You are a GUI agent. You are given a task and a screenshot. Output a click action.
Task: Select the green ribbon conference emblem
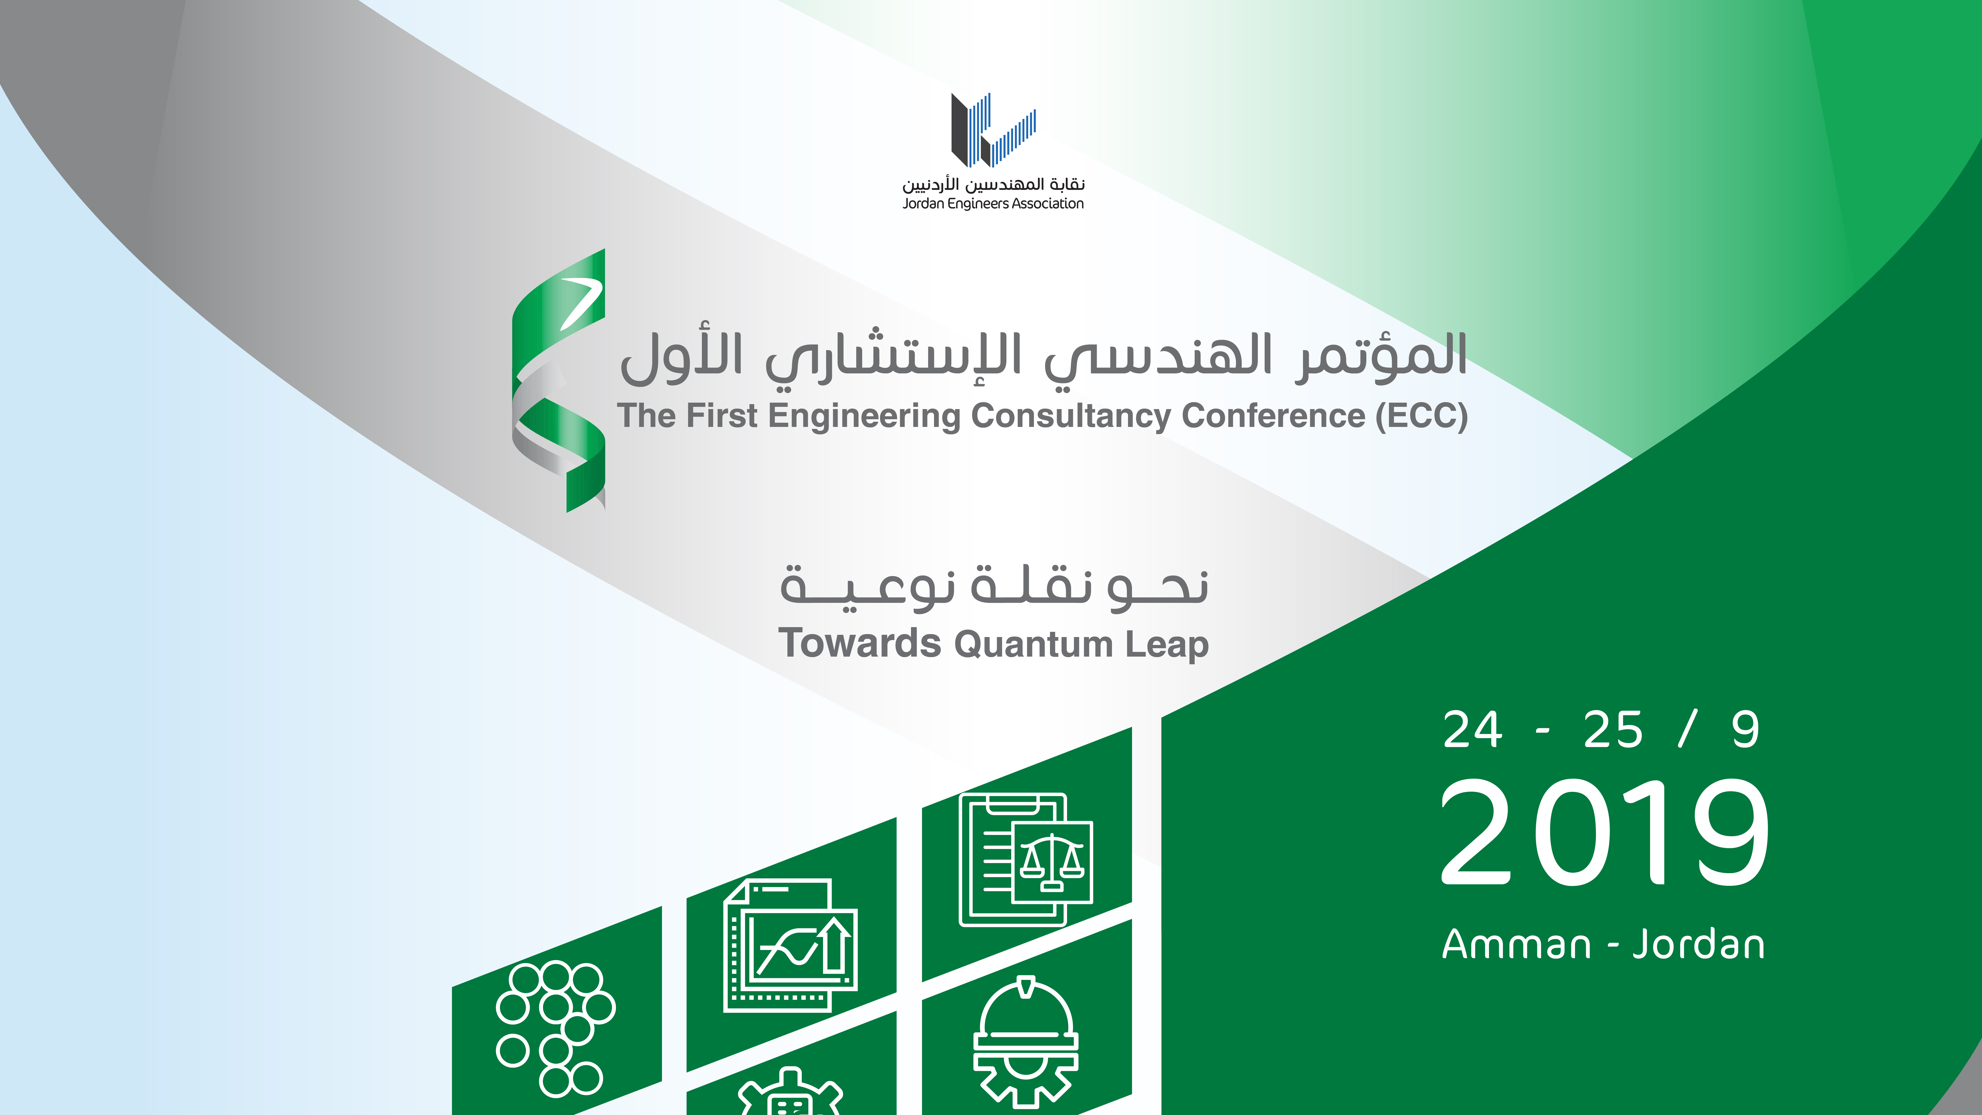[x=559, y=380]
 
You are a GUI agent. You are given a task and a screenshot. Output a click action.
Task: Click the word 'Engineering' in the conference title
[x=864, y=416]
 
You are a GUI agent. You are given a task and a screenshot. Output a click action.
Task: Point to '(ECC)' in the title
[x=1422, y=416]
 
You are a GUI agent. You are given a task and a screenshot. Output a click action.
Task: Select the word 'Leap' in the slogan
[x=1166, y=645]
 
